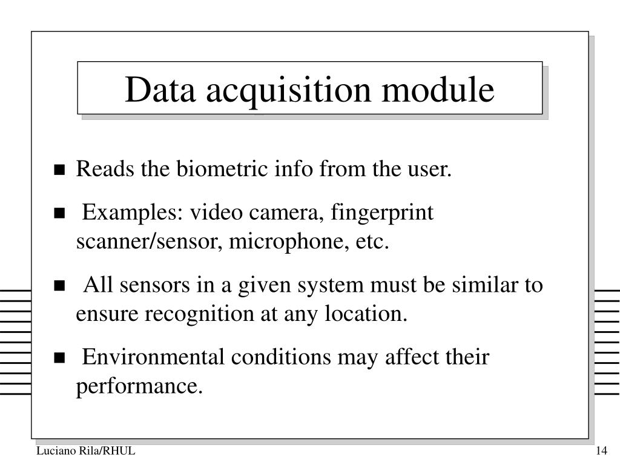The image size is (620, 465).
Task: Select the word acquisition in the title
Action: click(x=288, y=91)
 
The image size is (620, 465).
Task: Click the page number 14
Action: click(x=601, y=452)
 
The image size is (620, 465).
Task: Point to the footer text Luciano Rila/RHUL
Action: click(x=85, y=452)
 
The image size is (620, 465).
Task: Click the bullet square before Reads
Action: click(x=59, y=170)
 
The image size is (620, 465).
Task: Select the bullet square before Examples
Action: click(x=59, y=213)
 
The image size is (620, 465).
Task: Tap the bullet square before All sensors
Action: click(x=59, y=285)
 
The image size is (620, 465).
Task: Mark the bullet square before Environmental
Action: click(x=59, y=357)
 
